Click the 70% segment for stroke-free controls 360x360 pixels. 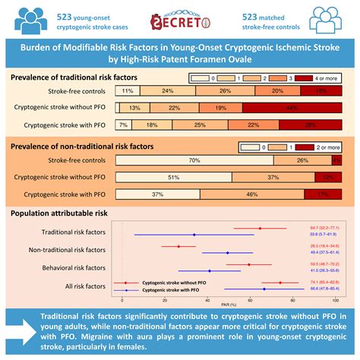point(194,160)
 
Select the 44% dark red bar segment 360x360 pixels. point(292,108)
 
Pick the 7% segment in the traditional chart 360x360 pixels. point(123,125)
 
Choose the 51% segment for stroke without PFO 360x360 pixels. point(173,177)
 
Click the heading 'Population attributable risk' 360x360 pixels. point(62,215)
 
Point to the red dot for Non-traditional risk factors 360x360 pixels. point(178,246)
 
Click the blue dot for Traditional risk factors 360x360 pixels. point(194,235)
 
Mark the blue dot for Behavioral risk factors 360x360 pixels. point(210,270)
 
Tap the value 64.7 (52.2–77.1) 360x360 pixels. point(325,228)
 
